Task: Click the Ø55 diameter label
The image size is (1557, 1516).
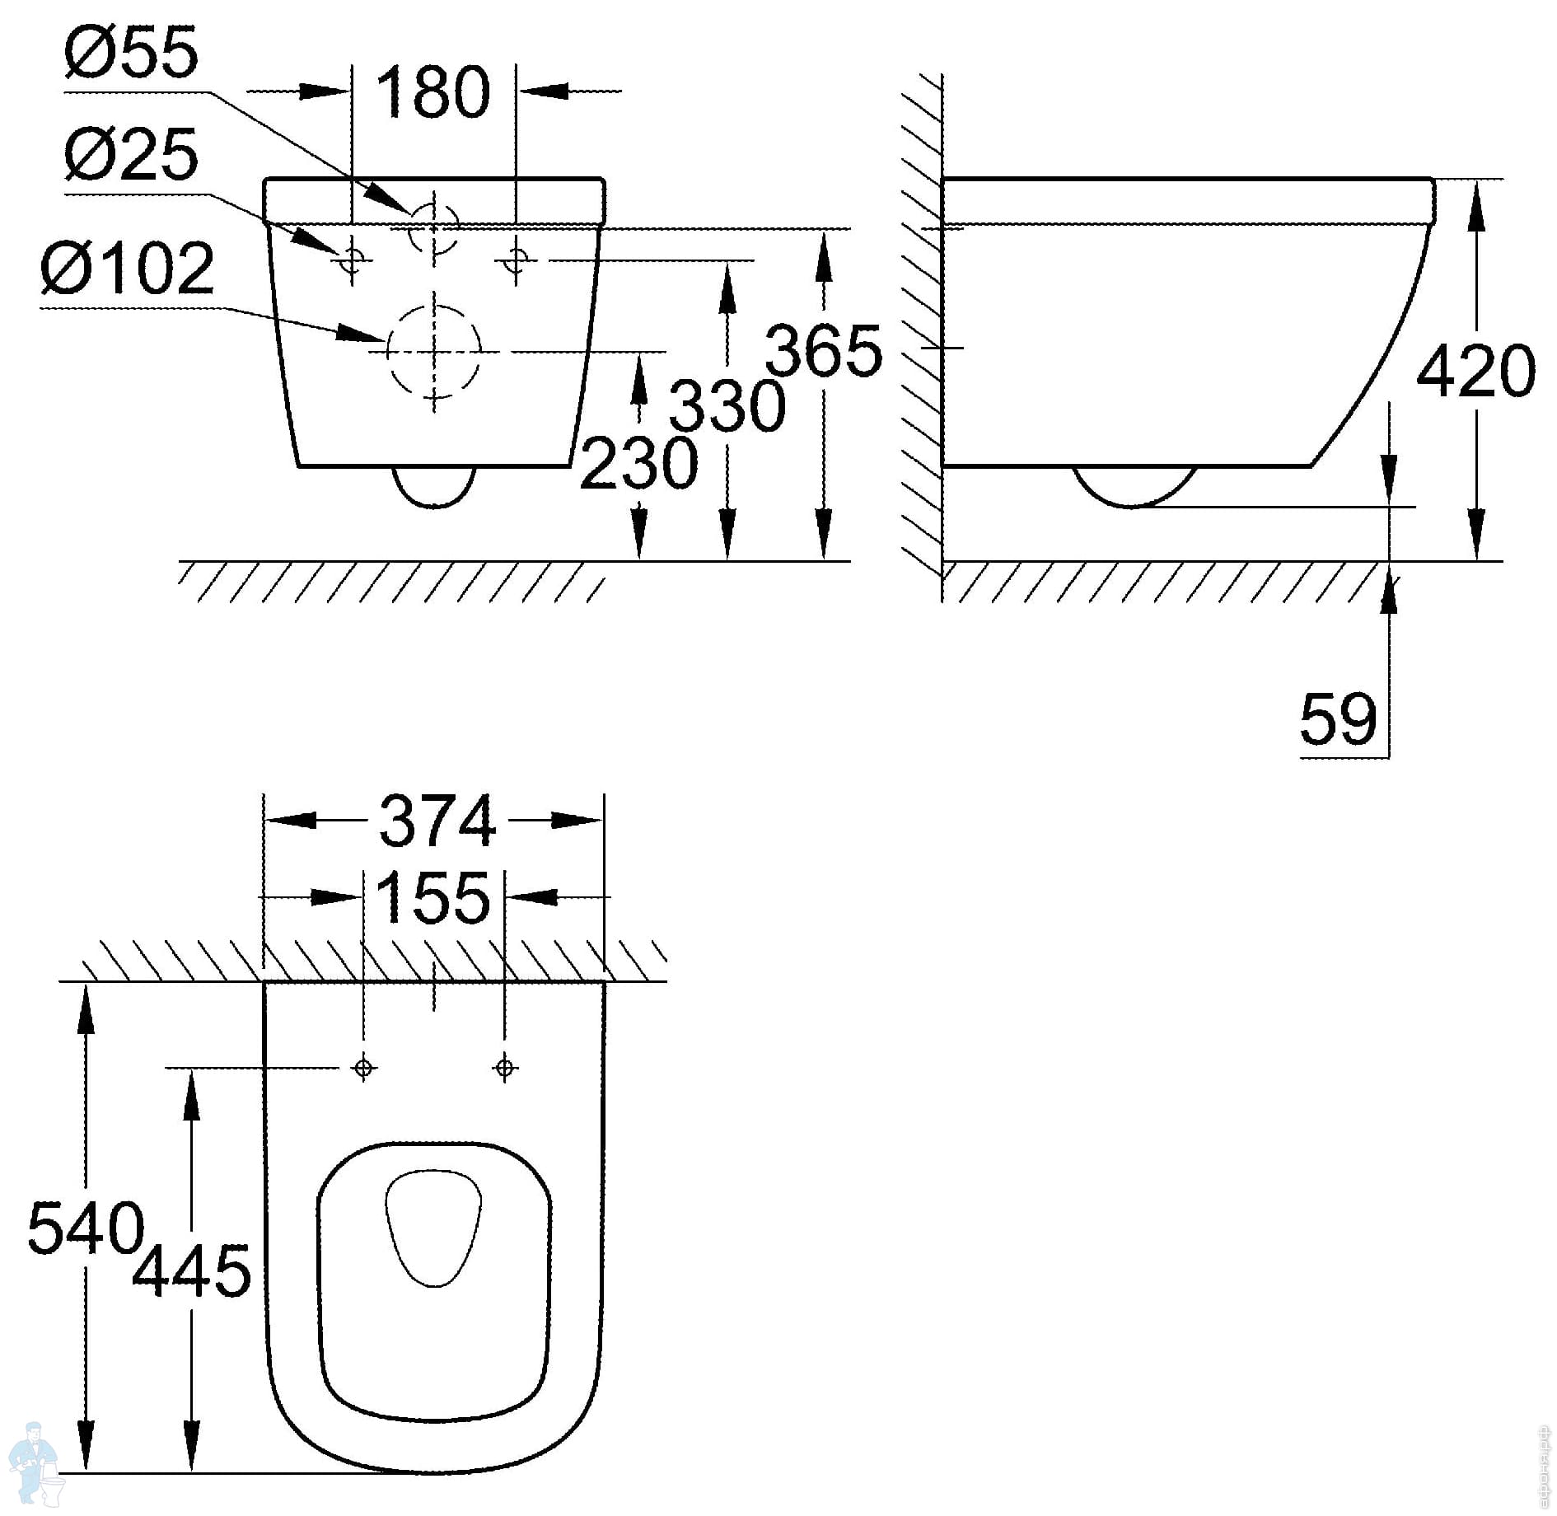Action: click(x=131, y=51)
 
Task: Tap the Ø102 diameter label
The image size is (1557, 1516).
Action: click(x=128, y=268)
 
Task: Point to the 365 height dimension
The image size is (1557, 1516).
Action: click(x=823, y=350)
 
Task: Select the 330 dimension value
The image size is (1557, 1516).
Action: click(x=727, y=406)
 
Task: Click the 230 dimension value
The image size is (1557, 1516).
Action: click(x=639, y=463)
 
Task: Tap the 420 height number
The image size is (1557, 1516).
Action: click(x=1476, y=371)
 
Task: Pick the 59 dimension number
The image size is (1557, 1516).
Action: click(x=1338, y=718)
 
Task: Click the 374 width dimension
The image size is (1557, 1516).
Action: click(x=437, y=821)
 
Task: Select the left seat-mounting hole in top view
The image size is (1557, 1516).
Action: click(x=363, y=1068)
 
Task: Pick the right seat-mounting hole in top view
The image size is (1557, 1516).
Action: click(x=505, y=1068)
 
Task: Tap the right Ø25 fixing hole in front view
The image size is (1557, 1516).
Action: click(x=517, y=260)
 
